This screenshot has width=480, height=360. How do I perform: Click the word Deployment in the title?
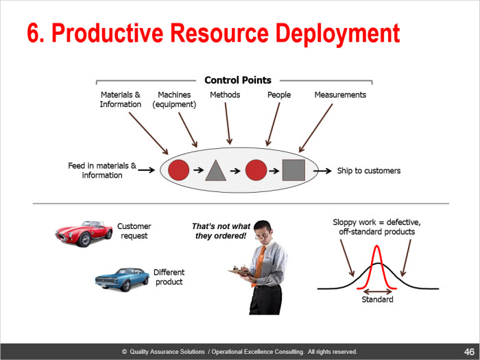click(337, 34)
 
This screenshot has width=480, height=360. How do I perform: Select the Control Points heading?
click(238, 80)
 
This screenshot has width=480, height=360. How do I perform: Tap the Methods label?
click(225, 95)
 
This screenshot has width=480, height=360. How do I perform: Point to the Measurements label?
click(340, 95)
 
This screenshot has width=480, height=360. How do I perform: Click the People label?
click(279, 95)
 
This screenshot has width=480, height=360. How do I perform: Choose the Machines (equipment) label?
click(174, 99)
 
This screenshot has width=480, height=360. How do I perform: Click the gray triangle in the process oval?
click(216, 171)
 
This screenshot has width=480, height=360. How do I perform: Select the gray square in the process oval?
click(293, 170)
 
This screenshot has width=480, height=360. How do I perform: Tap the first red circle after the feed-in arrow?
click(178, 170)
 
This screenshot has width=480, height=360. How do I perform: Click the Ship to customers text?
click(369, 171)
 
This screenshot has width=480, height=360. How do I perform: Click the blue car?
click(122, 279)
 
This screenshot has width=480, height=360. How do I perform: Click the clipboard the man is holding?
click(240, 272)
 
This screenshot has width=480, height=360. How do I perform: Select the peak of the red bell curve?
click(377, 245)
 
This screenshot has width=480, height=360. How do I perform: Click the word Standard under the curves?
click(377, 300)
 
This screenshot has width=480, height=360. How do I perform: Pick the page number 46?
click(469, 352)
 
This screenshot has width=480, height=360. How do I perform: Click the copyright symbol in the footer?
click(124, 352)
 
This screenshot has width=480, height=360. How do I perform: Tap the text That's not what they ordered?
click(221, 231)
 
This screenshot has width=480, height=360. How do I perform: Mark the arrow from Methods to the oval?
click(228, 123)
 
